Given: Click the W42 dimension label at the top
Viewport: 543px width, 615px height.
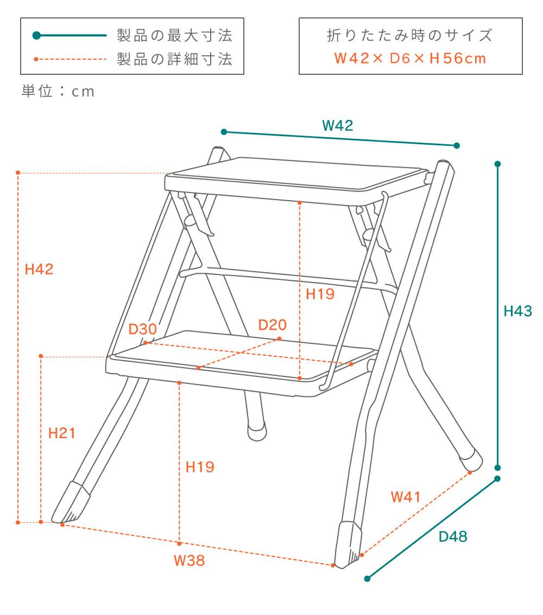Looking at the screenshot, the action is point(337,125).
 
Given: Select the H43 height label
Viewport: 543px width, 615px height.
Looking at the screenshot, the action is point(517,311).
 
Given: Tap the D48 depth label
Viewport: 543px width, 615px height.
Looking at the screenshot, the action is point(453,536).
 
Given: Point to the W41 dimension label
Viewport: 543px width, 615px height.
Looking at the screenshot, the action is point(406,497).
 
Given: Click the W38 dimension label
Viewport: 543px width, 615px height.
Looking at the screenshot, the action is point(190,560).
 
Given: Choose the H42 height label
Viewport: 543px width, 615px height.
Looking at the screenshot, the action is point(39,269).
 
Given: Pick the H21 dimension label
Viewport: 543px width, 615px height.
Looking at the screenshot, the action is point(62,433).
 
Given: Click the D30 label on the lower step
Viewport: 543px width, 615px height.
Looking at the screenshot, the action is point(142,329).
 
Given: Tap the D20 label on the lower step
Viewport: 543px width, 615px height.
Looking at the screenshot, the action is point(272,325).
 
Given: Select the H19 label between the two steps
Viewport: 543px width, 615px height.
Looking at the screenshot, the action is point(320,294).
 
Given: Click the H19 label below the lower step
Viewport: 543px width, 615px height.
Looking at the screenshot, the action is point(200,467).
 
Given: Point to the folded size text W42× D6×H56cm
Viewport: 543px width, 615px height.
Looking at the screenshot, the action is point(411,59).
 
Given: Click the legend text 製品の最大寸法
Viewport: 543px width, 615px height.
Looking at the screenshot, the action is point(175,35).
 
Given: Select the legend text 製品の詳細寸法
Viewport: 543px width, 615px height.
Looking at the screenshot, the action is point(175,59).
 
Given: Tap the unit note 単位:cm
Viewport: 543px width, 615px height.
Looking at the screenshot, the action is point(58,91).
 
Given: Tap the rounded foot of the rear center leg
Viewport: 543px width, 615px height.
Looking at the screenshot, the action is point(257,432).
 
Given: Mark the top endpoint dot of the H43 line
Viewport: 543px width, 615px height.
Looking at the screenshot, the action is point(497,164).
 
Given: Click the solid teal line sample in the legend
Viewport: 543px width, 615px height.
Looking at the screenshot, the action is point(70,35).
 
